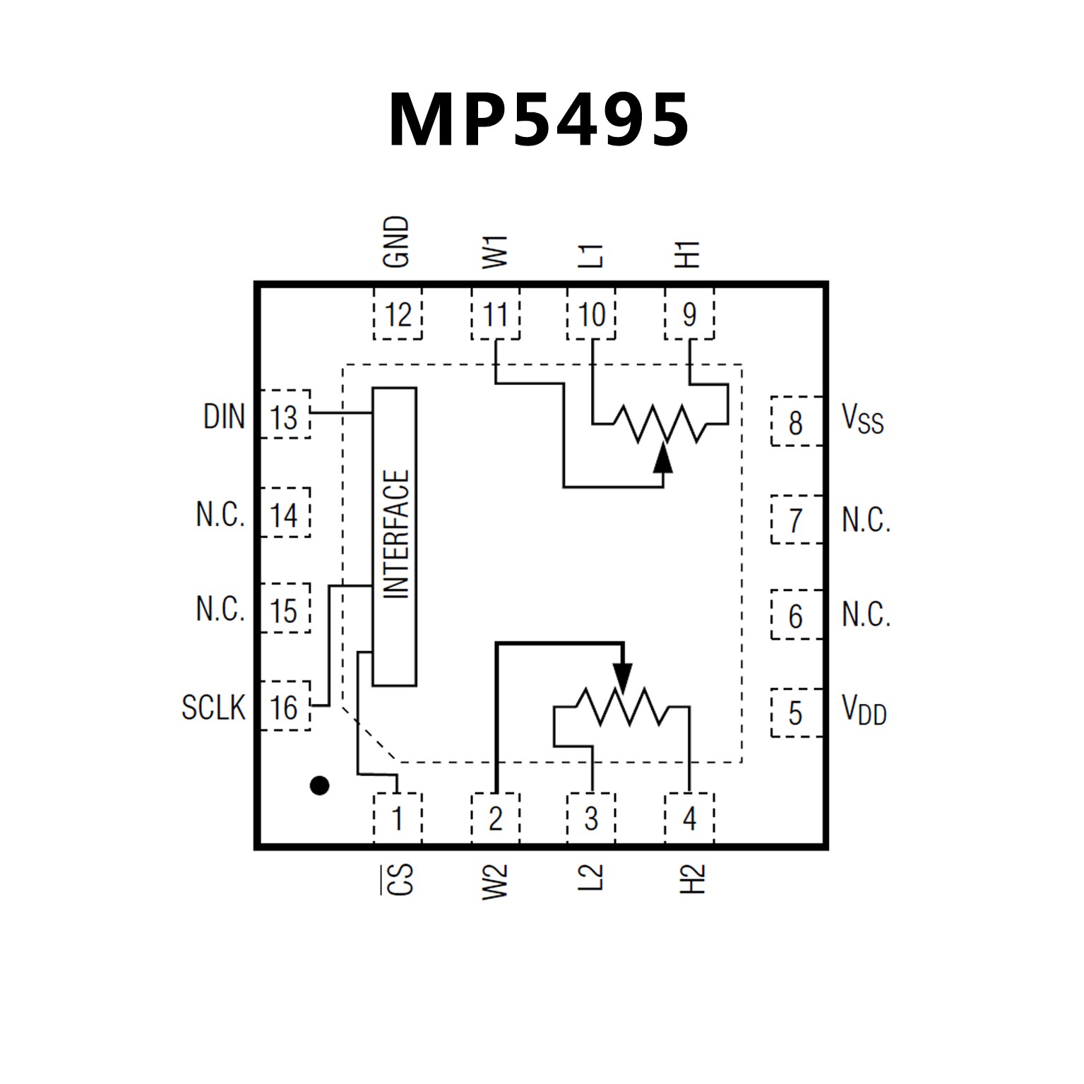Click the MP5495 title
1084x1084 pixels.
pyautogui.click(x=538, y=120)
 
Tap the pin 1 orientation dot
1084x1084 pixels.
pyautogui.click(x=319, y=785)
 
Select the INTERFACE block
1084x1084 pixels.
pyautogui.click(x=395, y=536)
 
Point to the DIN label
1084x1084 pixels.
pyautogui.click(x=224, y=417)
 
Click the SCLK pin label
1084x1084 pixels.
pyautogui.click(x=213, y=707)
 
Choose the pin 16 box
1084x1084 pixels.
pyautogui.click(x=285, y=706)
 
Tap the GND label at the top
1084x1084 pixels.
pyautogui.click(x=396, y=242)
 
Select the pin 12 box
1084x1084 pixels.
pyautogui.click(x=398, y=314)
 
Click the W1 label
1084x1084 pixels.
pyautogui.click(x=495, y=252)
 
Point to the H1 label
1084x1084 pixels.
pyautogui.click(x=688, y=254)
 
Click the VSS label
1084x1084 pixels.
pyautogui.click(x=862, y=419)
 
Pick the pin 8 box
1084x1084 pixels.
pyautogui.click(x=796, y=422)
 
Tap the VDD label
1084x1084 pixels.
pyautogui.click(x=864, y=710)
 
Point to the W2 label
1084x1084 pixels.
pyautogui.click(x=495, y=882)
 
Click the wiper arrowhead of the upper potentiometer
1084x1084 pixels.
pyautogui.click(x=662, y=458)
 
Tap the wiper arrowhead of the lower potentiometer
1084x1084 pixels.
pyautogui.click(x=622, y=678)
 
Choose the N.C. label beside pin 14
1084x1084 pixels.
pyautogui.click(x=220, y=514)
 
